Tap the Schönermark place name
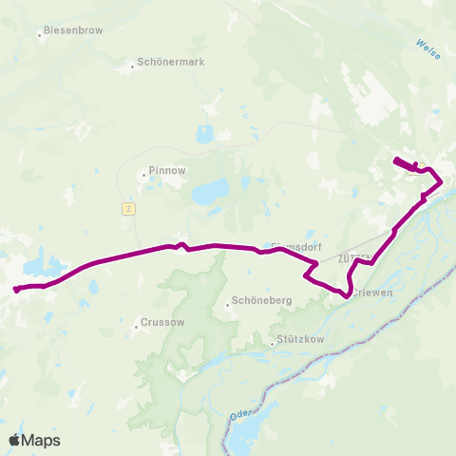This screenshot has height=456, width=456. click(171, 63)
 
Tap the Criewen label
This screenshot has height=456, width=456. click(373, 293)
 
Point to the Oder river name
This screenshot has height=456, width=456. click(238, 415)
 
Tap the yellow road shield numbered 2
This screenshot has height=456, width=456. click(126, 207)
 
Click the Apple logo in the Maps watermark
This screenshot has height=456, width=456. click(14, 440)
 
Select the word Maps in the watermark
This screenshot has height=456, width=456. click(41, 440)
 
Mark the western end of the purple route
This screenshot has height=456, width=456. click(16, 289)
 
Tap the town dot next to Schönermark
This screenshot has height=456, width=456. click(133, 66)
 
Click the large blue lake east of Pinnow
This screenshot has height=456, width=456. click(212, 193)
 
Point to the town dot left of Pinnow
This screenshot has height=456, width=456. click(142, 175)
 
